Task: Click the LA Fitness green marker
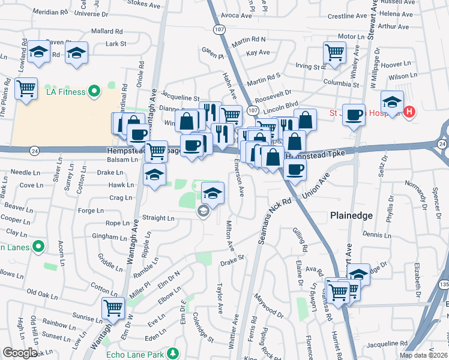coord(94,91)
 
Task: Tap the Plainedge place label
coord(351,215)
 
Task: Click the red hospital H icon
coord(410,112)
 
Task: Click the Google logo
coord(20,353)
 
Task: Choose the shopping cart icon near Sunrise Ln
coord(113,308)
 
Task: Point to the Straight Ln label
coord(158,218)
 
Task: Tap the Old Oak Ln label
coord(42,293)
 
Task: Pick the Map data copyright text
coord(424,355)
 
